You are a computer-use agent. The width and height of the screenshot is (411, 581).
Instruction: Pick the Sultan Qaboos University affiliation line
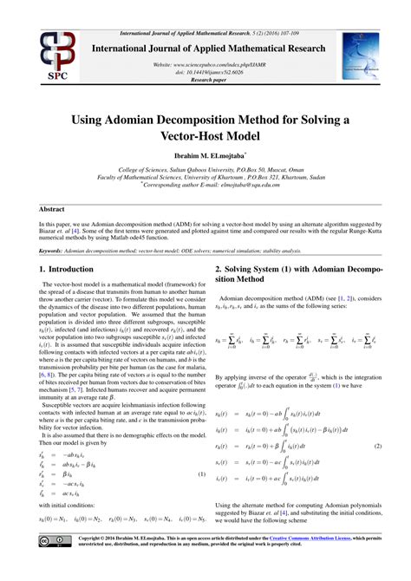[x=205, y=171]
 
